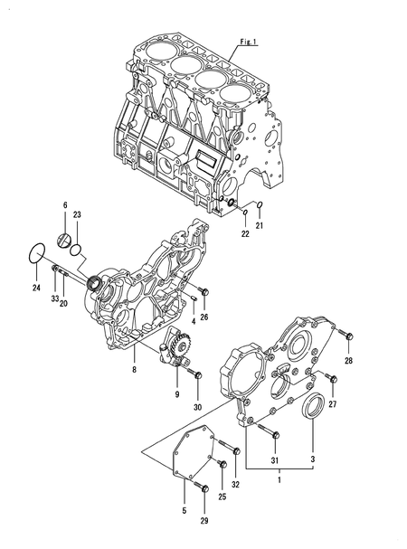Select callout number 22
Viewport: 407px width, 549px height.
tap(244, 235)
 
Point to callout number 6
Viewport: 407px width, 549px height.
tap(64, 206)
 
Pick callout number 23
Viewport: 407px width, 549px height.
tap(77, 214)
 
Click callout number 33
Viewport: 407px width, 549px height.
tap(54, 298)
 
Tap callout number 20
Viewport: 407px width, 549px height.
tap(64, 304)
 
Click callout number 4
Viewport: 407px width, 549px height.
tap(194, 321)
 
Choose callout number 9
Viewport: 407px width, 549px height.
tap(177, 394)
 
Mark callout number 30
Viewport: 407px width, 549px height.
tap(197, 408)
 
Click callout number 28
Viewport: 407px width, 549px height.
tap(349, 361)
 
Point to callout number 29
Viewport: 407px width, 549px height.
tap(204, 522)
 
